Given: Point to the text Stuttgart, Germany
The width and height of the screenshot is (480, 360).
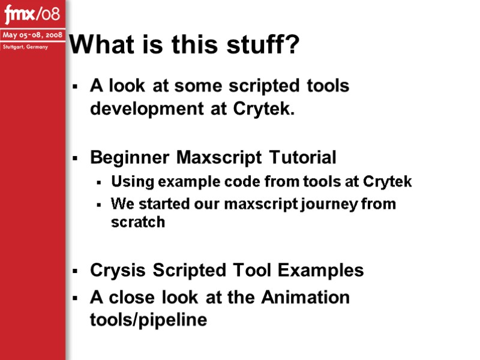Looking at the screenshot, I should point(25,47).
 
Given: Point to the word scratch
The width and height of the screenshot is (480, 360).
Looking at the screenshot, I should point(138,222).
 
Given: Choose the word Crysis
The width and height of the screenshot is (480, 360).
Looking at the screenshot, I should point(118,271).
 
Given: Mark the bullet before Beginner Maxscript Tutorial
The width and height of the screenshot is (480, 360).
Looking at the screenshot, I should point(75,159).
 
